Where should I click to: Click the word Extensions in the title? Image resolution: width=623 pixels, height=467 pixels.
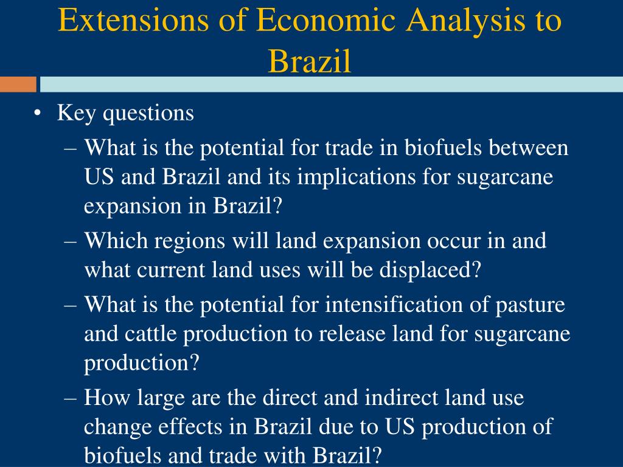coord(133,20)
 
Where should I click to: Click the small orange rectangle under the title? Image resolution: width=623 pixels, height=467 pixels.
coord(18,84)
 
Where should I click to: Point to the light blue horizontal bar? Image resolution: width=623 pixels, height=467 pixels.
coord(332,84)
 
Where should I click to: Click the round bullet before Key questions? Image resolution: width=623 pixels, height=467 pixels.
coord(38,114)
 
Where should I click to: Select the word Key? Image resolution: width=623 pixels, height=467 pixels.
coord(76,114)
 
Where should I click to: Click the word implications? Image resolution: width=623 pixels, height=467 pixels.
coord(356,178)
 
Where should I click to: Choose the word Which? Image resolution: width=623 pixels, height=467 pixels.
coord(116,240)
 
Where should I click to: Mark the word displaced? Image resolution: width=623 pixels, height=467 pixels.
coord(430,271)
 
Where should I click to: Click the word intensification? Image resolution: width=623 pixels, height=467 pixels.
coord(394,305)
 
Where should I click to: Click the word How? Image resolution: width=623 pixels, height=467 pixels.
coord(106,397)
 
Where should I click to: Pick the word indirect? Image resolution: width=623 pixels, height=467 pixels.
coord(401,397)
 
